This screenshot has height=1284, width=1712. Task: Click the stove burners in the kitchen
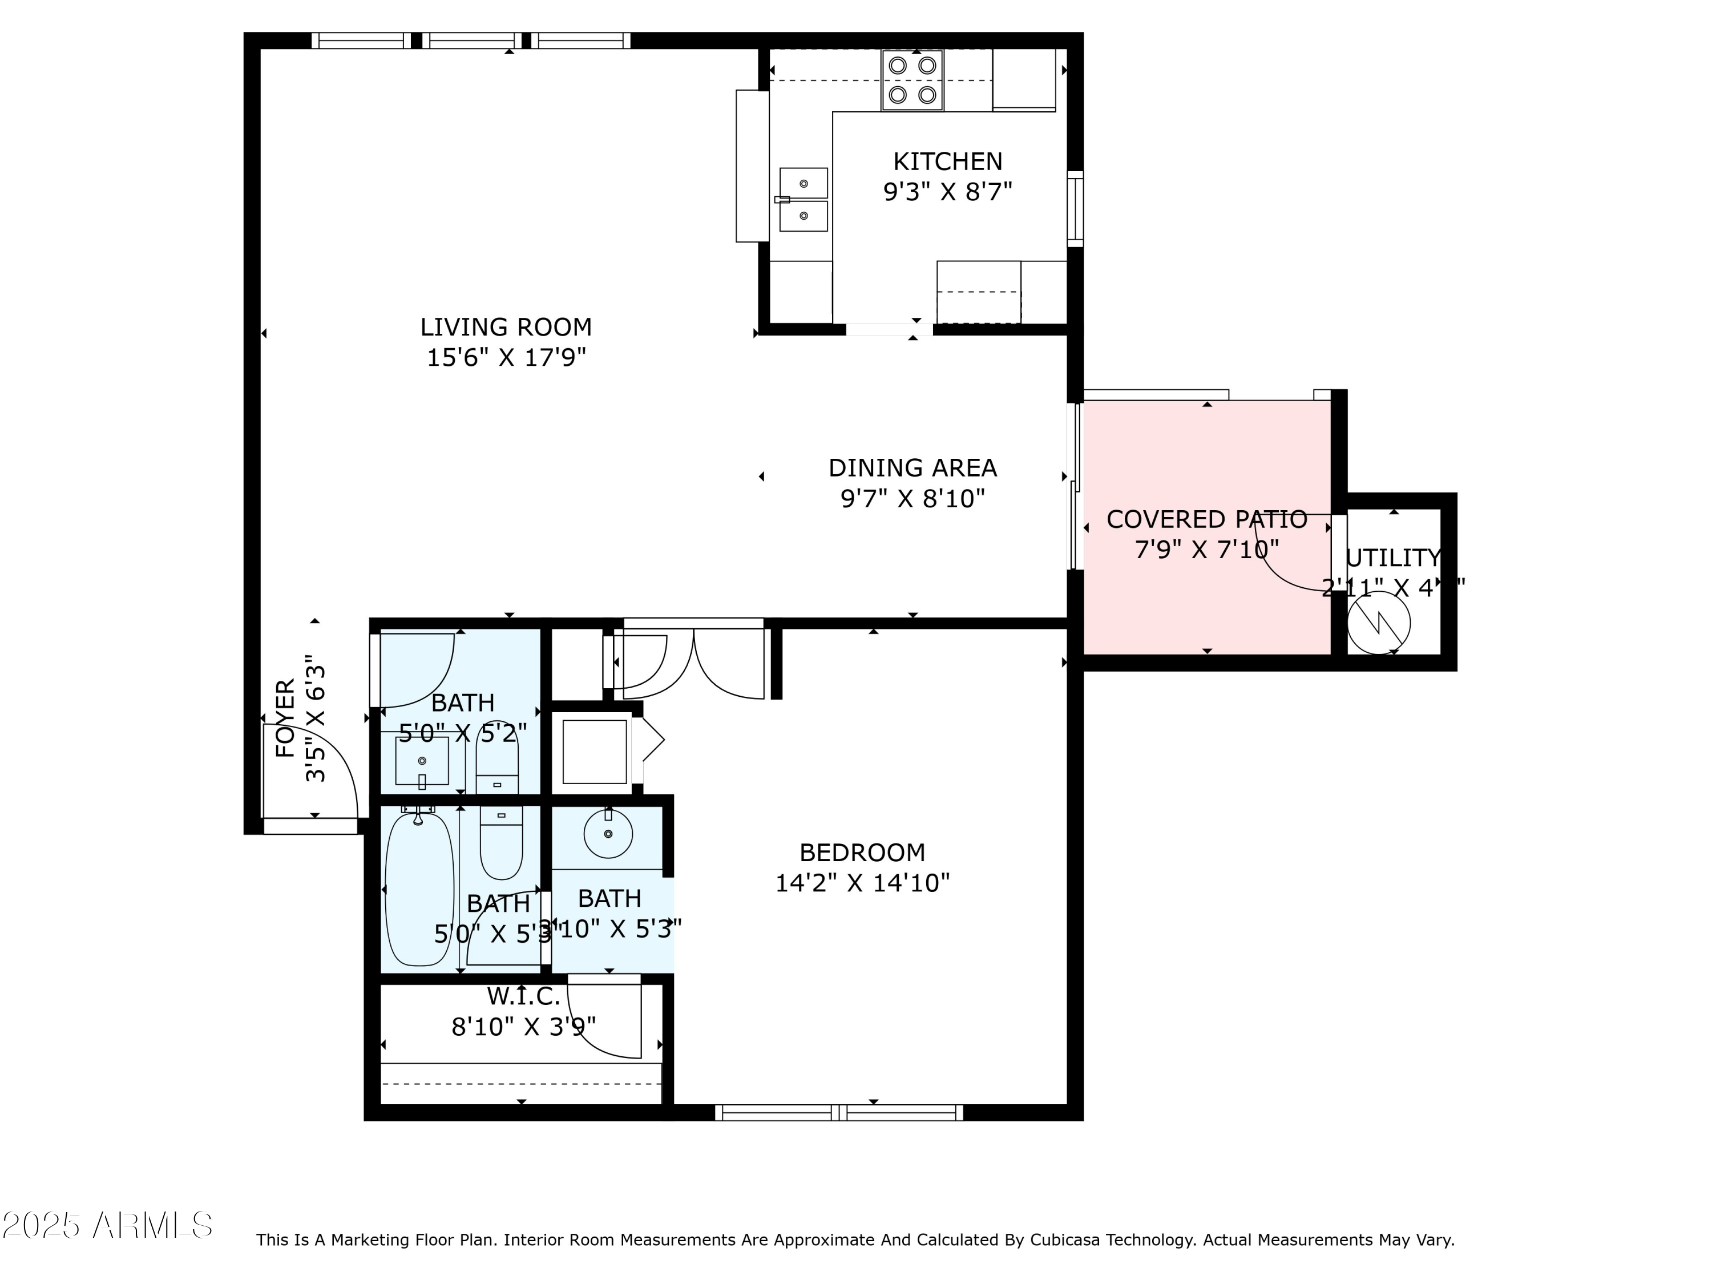(912, 80)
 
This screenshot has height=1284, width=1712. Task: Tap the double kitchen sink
(803, 200)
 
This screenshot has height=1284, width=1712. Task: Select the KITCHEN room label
(947, 161)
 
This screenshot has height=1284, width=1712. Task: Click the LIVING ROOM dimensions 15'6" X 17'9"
(506, 358)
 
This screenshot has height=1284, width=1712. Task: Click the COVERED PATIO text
(1206, 519)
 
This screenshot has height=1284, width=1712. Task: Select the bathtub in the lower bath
(419, 889)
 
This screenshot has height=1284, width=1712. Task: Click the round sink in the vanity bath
(608, 834)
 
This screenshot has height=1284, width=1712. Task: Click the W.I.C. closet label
(523, 995)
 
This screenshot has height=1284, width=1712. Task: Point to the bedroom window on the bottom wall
(839, 1113)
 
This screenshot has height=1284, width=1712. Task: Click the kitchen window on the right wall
(1075, 209)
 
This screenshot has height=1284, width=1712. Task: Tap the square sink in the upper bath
(422, 761)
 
